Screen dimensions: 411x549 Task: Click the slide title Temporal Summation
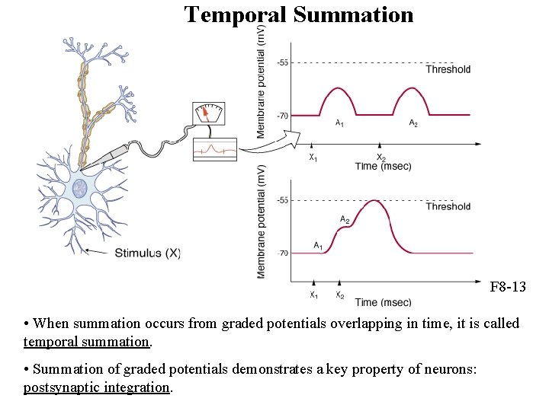tap(299, 14)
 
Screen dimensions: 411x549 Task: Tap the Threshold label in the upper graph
tap(448, 69)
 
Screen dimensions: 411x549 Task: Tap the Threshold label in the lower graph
tap(448, 206)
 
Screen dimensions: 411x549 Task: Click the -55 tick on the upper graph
tap(282, 62)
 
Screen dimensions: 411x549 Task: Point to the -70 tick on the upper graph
tap(282, 116)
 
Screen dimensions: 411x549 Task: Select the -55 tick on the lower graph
tap(282, 200)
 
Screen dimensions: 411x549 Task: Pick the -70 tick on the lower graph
tap(282, 253)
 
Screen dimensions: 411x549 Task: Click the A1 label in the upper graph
tap(339, 123)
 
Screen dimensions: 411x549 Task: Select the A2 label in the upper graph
tap(413, 123)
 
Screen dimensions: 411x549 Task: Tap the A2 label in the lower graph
tap(345, 221)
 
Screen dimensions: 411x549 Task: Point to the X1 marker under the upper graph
tap(313, 158)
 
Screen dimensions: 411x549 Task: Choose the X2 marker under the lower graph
tap(340, 295)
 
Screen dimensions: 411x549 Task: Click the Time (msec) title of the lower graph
tap(383, 302)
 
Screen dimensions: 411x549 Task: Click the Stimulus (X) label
tap(148, 253)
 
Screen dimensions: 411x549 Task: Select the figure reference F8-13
tap(508, 288)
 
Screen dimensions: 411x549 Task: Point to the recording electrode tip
tap(83, 167)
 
